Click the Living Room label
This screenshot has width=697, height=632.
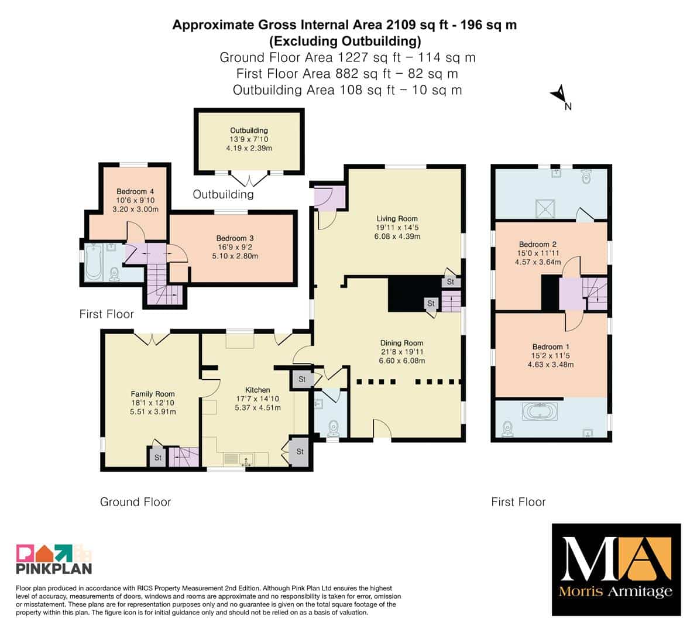397,219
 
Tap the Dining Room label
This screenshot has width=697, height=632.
401,343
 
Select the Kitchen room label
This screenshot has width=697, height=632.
258,390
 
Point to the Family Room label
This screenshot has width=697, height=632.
153,394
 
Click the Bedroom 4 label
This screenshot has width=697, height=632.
135,191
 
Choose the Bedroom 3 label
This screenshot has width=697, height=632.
235,238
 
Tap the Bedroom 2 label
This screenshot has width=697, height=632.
537,245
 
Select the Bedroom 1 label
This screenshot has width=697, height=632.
551,346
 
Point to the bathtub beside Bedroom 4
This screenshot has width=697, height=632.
94,262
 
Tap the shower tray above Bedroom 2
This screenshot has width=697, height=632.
545,208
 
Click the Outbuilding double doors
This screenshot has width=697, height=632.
249,180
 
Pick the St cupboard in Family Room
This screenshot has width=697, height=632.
158,458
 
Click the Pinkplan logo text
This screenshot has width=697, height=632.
54,568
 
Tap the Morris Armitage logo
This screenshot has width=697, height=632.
616,569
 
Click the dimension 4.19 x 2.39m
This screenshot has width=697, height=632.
249,148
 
